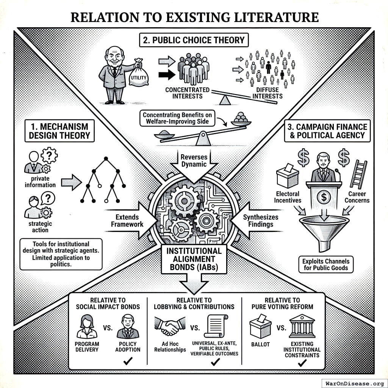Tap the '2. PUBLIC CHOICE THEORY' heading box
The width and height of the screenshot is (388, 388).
pos(194,40)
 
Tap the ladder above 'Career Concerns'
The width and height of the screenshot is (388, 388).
pos(358,174)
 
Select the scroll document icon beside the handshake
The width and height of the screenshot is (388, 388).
pos(216,326)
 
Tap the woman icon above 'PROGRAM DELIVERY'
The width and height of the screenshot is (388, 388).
pos(87,327)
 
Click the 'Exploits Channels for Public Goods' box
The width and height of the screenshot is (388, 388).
pos(325,264)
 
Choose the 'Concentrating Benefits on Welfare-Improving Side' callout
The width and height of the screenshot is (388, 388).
pos(178,118)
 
